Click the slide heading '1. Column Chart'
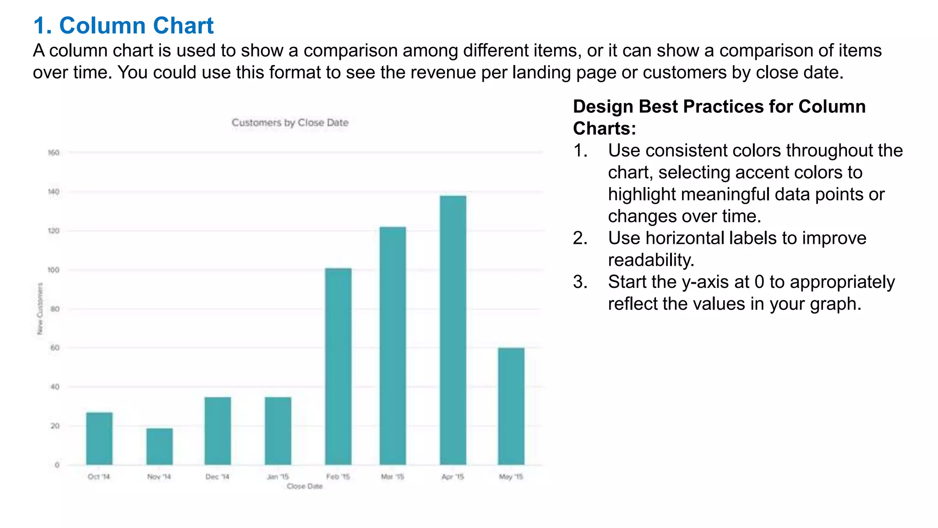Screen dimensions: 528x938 tap(123, 26)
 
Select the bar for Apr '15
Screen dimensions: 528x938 tap(453, 330)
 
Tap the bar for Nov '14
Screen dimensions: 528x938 tap(159, 446)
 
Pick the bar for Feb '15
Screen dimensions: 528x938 tap(338, 366)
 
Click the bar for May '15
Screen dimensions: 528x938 tap(511, 406)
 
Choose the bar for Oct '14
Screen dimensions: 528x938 tap(99, 439)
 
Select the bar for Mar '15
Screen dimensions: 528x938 tap(393, 346)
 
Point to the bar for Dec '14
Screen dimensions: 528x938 tap(218, 431)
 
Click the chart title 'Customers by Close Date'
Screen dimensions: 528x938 tap(290, 123)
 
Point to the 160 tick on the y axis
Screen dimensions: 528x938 tap(54, 153)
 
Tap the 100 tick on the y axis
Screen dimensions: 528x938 tap(54, 270)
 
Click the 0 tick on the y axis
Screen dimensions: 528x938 tap(57, 465)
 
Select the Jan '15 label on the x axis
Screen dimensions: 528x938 tap(278, 477)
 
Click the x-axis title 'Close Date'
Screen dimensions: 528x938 tap(305, 486)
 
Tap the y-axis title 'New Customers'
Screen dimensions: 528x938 tap(40, 308)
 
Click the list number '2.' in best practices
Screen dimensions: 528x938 tap(580, 238)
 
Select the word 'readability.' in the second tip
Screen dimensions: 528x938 tap(651, 260)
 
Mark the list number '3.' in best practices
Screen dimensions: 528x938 tap(580, 282)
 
